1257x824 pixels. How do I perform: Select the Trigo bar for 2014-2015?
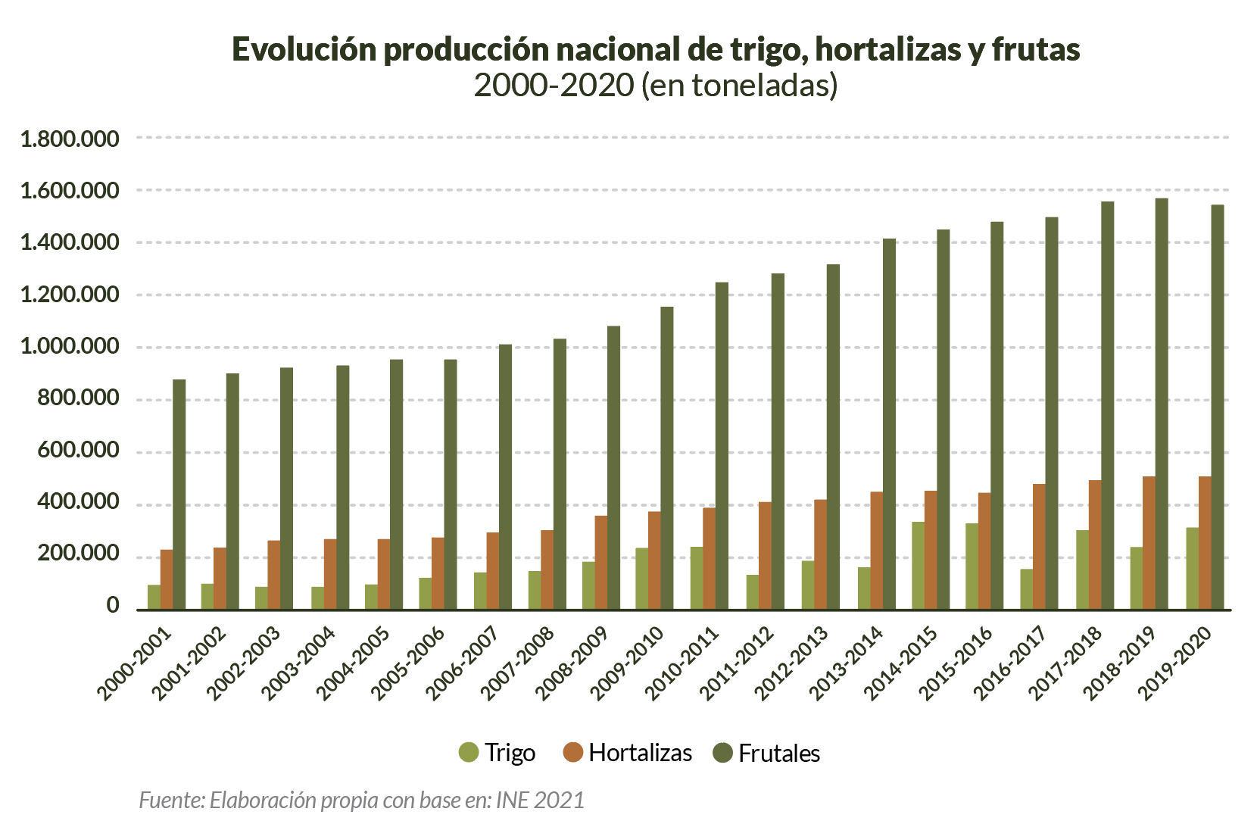[918, 566]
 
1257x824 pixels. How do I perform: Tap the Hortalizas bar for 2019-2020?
[1205, 543]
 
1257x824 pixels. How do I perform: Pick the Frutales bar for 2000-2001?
[179, 495]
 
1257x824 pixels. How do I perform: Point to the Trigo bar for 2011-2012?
[752, 592]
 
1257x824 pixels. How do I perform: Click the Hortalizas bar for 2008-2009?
[600, 563]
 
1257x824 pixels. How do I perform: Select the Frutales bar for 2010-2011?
[722, 446]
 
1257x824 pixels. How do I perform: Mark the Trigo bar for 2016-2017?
[1026, 589]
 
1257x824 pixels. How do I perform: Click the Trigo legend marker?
[469, 753]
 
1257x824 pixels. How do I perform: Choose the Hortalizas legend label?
[640, 753]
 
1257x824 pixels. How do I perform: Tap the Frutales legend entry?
[766, 753]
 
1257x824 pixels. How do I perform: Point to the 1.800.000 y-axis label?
[70, 139]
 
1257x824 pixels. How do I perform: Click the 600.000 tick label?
[79, 451]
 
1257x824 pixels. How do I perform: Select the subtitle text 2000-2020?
[554, 86]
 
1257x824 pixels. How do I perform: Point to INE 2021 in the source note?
[540, 800]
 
